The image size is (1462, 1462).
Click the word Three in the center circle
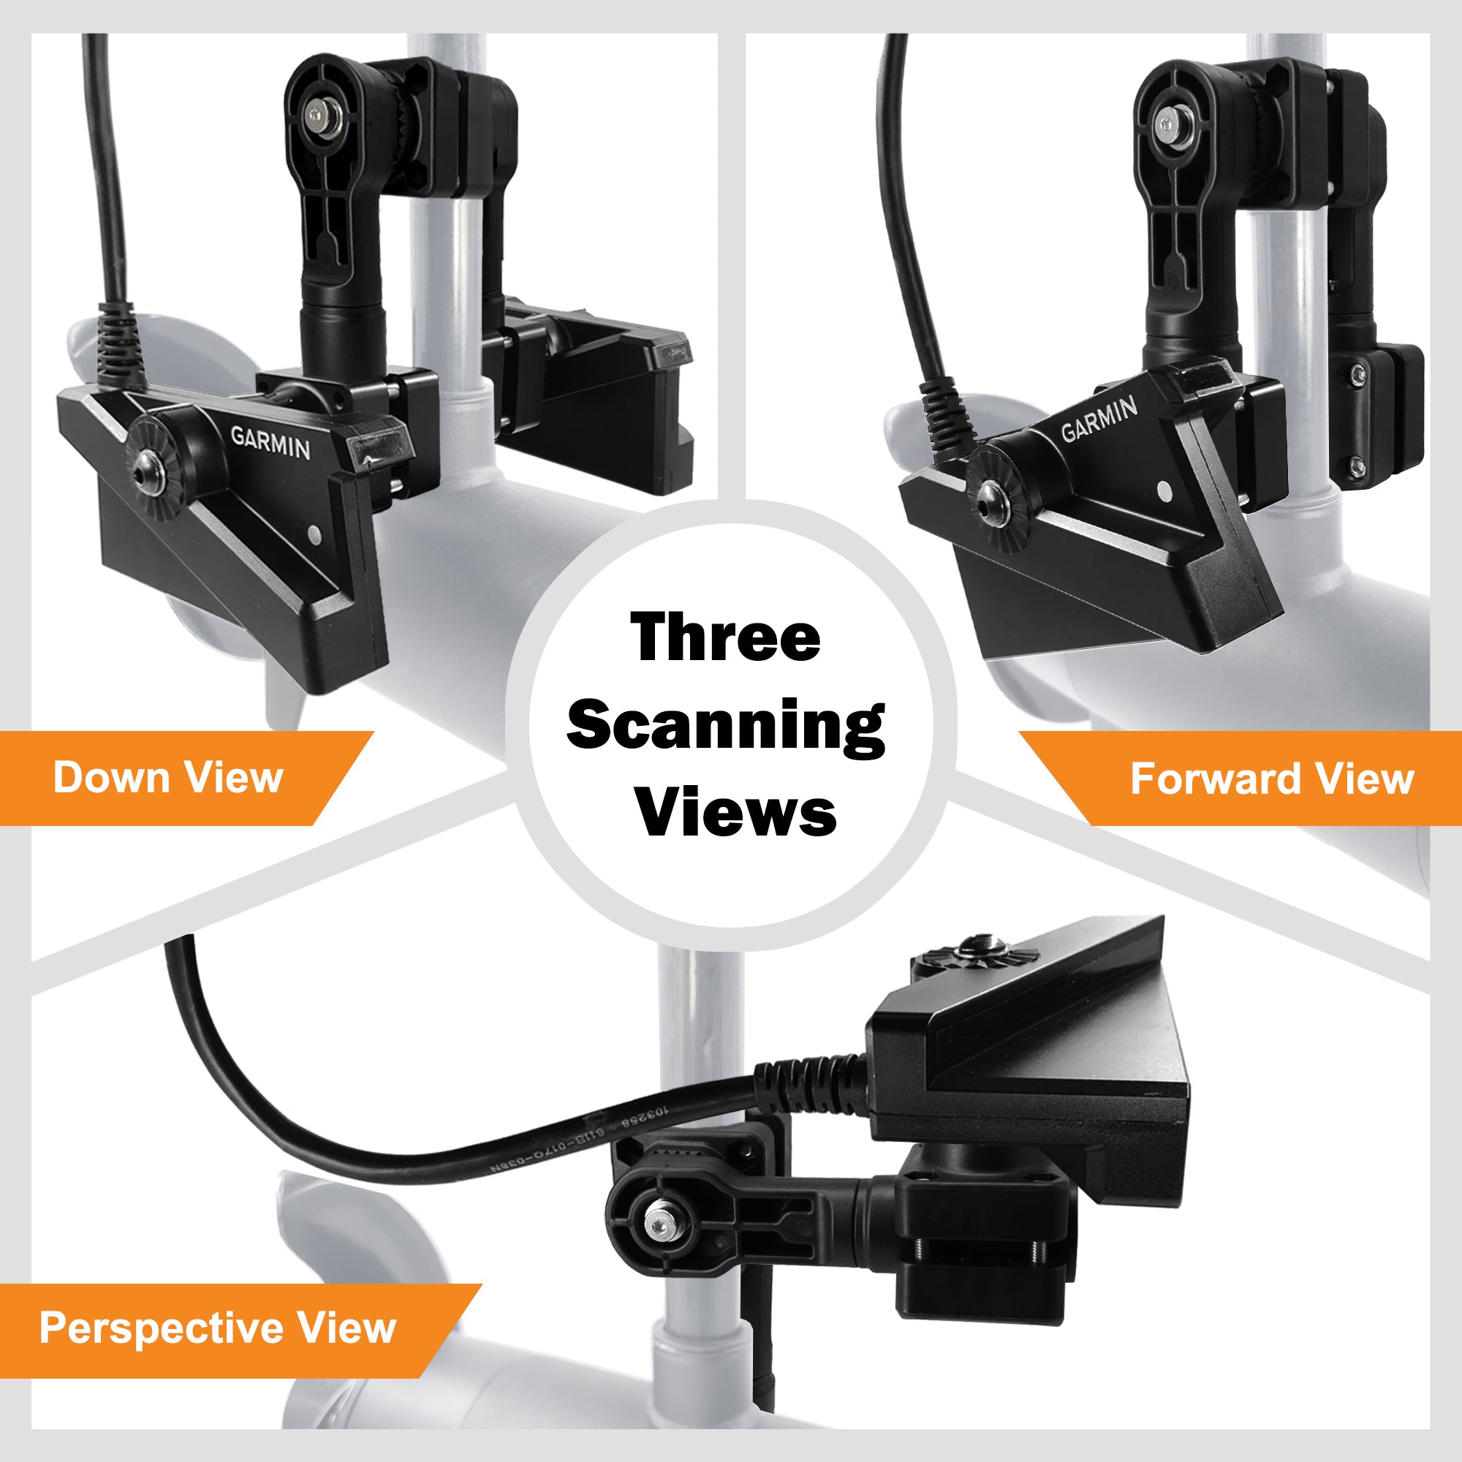pyautogui.click(x=725, y=637)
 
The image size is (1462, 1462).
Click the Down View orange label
pyautogui.click(x=168, y=777)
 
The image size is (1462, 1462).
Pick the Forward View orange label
pyautogui.click(x=1271, y=779)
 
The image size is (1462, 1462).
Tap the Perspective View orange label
pyautogui.click(x=218, y=1327)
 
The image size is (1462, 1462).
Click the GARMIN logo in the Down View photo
pyautogui.click(x=270, y=443)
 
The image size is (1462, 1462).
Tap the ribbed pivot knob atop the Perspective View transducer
pyautogui.click(x=976, y=955)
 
